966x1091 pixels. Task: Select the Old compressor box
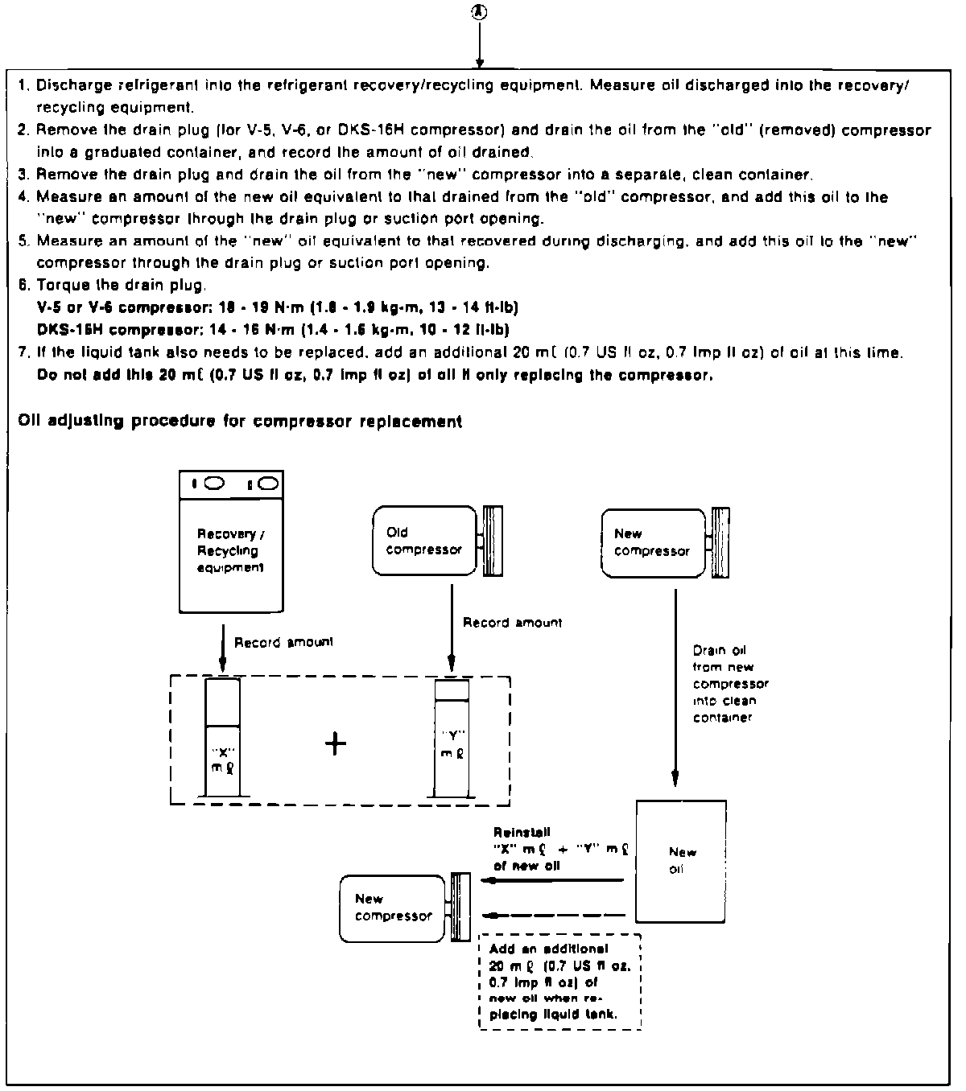424,541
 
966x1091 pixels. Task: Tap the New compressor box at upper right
652,542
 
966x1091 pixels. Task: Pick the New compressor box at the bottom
392,908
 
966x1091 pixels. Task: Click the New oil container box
681,861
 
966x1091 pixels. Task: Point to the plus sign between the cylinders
336,743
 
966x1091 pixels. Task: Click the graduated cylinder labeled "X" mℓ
222,738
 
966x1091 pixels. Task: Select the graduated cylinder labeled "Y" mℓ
452,739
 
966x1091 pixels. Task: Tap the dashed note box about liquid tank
559,982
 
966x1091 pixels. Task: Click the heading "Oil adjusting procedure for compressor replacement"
240,422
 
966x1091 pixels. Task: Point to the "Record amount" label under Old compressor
512,623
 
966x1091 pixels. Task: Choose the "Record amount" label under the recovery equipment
283,643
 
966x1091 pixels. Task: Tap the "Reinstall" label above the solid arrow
522,833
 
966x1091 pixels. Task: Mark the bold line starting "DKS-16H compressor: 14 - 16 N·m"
274,330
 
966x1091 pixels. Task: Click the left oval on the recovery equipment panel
216,484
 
